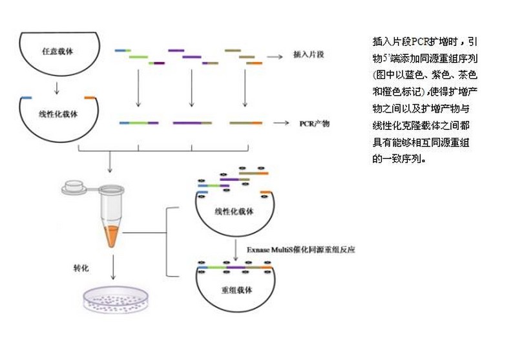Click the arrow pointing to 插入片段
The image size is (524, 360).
point(275,56)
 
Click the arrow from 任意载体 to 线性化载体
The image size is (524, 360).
point(58,86)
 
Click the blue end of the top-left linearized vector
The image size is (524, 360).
point(26,98)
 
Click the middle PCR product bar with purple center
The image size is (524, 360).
point(192,122)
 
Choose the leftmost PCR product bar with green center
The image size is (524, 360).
point(138,122)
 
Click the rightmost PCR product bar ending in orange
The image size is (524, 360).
point(246,122)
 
